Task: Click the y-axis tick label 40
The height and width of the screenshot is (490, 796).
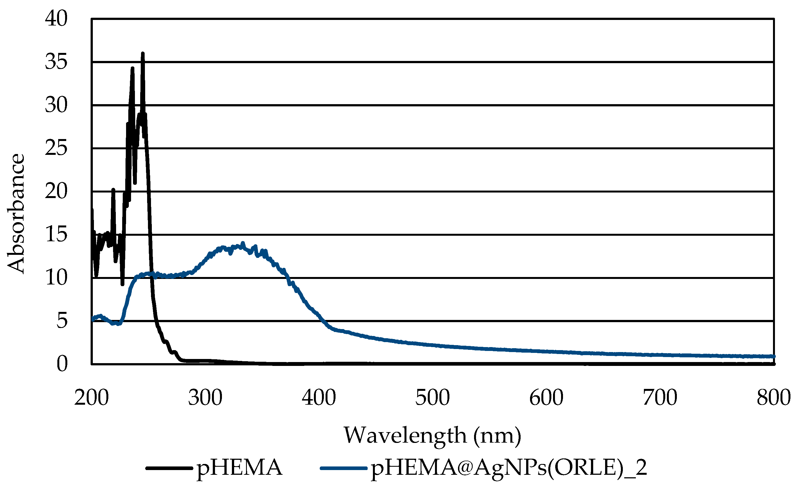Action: pyautogui.click(x=56, y=19)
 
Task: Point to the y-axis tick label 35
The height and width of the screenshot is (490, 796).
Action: pyautogui.click(x=56, y=61)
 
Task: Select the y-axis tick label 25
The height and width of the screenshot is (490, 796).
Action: pyautogui.click(x=56, y=148)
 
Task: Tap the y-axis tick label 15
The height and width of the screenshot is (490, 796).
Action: pyautogui.click(x=56, y=234)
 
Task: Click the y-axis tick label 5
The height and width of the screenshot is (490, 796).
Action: pyautogui.click(x=62, y=321)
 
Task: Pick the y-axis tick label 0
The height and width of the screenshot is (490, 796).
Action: pyautogui.click(x=62, y=364)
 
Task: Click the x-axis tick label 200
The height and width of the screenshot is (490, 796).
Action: pyautogui.click(x=91, y=398)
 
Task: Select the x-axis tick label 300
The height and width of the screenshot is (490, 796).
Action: pyautogui.click(x=205, y=398)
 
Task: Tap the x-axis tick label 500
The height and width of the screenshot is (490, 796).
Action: pyautogui.click(x=433, y=398)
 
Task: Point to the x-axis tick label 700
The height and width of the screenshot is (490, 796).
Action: pyautogui.click(x=660, y=398)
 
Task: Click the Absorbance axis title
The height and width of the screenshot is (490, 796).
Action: pyautogui.click(x=16, y=213)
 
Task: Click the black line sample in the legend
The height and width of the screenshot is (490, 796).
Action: pyautogui.click(x=168, y=468)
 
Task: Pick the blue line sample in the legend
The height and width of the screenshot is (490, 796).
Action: pyautogui.click(x=344, y=468)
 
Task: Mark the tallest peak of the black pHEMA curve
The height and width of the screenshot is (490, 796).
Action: pyautogui.click(x=143, y=53)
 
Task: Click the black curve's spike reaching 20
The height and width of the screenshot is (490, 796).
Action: pyautogui.click(x=113, y=190)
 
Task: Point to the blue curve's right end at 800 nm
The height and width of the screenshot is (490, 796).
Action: pyautogui.click(x=773, y=356)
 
